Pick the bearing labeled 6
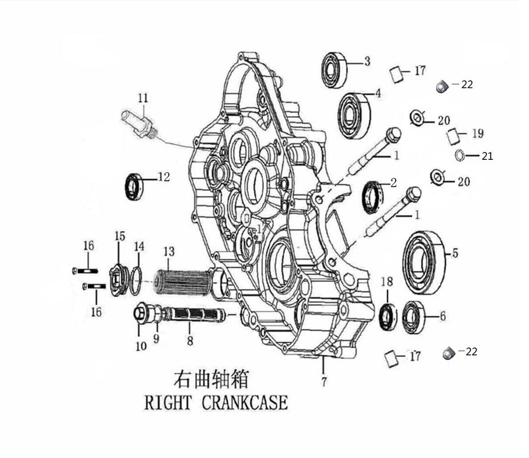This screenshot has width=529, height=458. pyautogui.click(x=413, y=317)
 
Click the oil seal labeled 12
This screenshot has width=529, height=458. pyautogui.click(x=134, y=187)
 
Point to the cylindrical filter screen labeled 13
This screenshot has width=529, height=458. pyautogui.click(x=175, y=283)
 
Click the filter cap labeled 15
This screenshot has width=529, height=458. pyautogui.click(x=119, y=279)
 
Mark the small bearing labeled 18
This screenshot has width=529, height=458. pyautogui.click(x=388, y=317)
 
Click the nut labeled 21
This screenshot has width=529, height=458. pyautogui.click(x=460, y=156)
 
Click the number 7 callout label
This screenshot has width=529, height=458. pyautogui.click(x=324, y=381)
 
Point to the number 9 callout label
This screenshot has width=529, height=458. pyautogui.click(x=156, y=338)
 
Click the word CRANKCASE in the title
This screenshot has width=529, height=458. pyautogui.click(x=245, y=403)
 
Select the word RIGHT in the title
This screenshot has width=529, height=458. pyautogui.click(x=168, y=403)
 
